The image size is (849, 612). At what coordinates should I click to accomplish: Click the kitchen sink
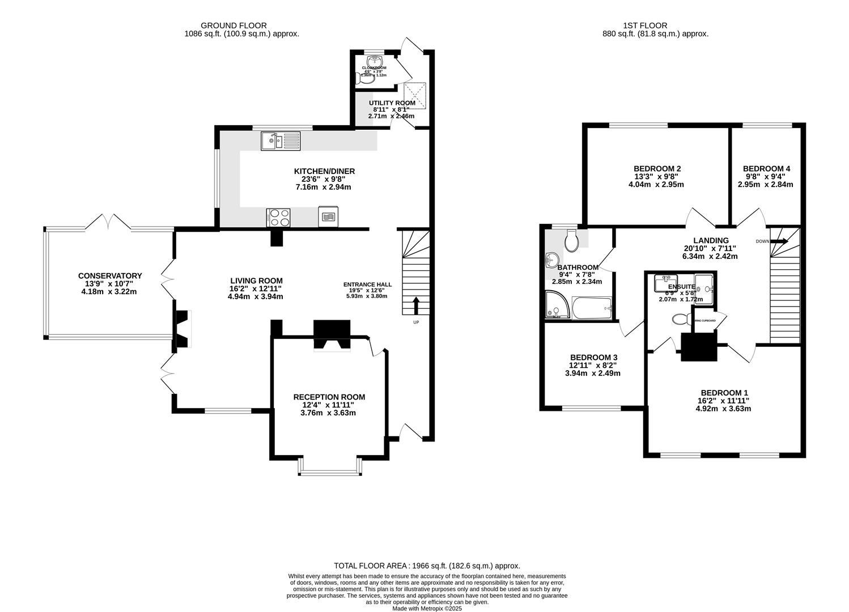[281, 141]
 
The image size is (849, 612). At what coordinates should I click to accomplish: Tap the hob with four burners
[278, 217]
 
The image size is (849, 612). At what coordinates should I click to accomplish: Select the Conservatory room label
[110, 276]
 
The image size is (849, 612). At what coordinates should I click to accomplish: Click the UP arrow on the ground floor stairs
[417, 305]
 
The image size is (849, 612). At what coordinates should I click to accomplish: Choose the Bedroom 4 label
[766, 169]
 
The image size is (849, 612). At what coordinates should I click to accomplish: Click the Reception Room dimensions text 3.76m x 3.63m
[329, 413]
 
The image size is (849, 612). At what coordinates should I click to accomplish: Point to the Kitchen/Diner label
[324, 171]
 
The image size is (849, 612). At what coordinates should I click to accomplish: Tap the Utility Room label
[392, 103]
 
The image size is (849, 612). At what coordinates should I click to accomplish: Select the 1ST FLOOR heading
[644, 25]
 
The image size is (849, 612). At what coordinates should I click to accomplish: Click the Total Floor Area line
[427, 566]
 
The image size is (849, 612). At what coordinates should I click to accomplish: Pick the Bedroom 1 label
[724, 393]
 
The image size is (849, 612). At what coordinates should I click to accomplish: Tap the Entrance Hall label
[367, 284]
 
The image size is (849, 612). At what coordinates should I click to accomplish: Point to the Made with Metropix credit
[427, 609]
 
